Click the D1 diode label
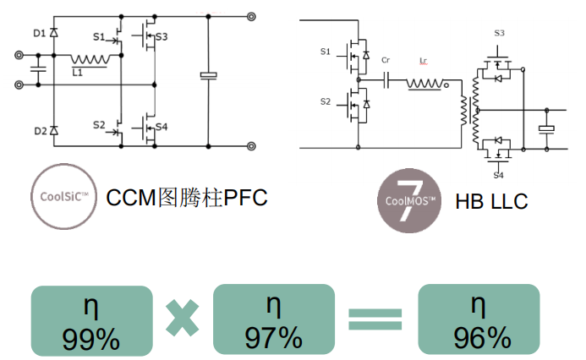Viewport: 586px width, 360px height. click(x=39, y=33)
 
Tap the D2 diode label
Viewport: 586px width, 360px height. click(x=39, y=131)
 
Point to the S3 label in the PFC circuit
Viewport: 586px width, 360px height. click(x=162, y=37)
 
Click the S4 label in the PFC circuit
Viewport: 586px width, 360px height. click(x=162, y=127)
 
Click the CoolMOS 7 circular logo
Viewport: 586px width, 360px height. click(x=408, y=200)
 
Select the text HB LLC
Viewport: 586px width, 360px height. click(x=491, y=201)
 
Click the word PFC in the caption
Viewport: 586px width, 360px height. click(x=245, y=198)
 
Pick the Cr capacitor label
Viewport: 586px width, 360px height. click(x=386, y=60)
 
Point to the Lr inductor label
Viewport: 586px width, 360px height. click(x=423, y=60)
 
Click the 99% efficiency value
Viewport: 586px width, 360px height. click(x=91, y=339)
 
